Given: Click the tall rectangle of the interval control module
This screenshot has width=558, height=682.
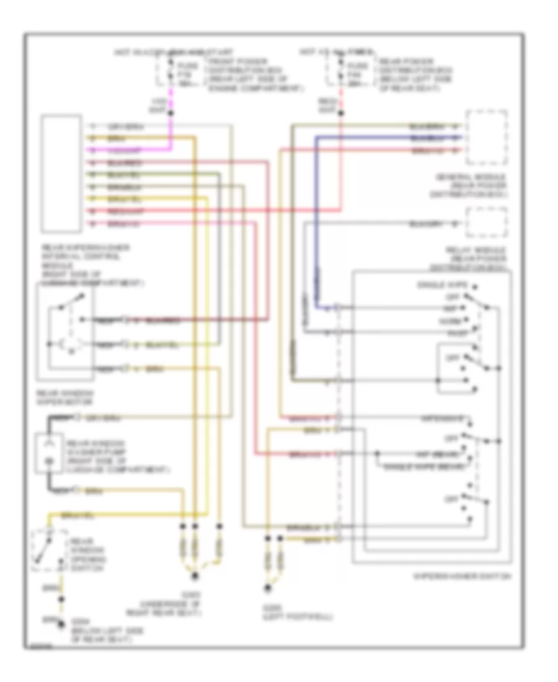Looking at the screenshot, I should (61, 174).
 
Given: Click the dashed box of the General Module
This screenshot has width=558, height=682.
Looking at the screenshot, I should (487, 138).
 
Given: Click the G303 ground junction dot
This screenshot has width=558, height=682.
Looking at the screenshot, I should (195, 577).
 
